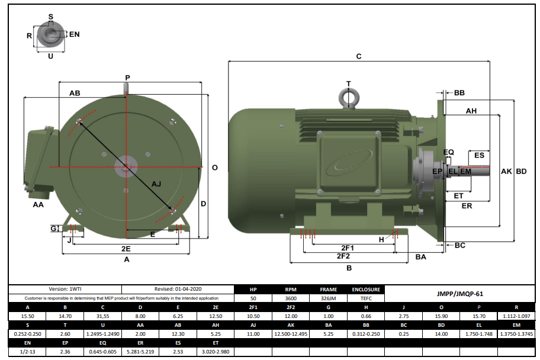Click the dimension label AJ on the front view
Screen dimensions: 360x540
tap(156, 184)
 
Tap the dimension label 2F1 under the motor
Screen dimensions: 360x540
tap(347, 247)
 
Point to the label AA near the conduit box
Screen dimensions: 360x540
tap(38, 204)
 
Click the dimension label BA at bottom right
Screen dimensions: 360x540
tap(420, 256)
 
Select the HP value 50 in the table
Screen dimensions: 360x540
tap(253, 298)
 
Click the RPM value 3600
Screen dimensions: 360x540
tap(291, 298)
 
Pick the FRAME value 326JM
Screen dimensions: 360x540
tap(329, 298)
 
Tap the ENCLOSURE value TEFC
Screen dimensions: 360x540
tap(366, 298)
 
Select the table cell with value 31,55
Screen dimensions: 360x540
tap(103, 316)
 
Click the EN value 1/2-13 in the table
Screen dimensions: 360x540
tap(27, 351)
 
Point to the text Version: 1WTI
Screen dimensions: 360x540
tap(65, 290)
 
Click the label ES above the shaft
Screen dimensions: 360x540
tap(479, 155)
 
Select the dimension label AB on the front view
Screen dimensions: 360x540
tap(75, 94)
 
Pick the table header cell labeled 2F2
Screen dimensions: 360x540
tap(291, 307)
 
